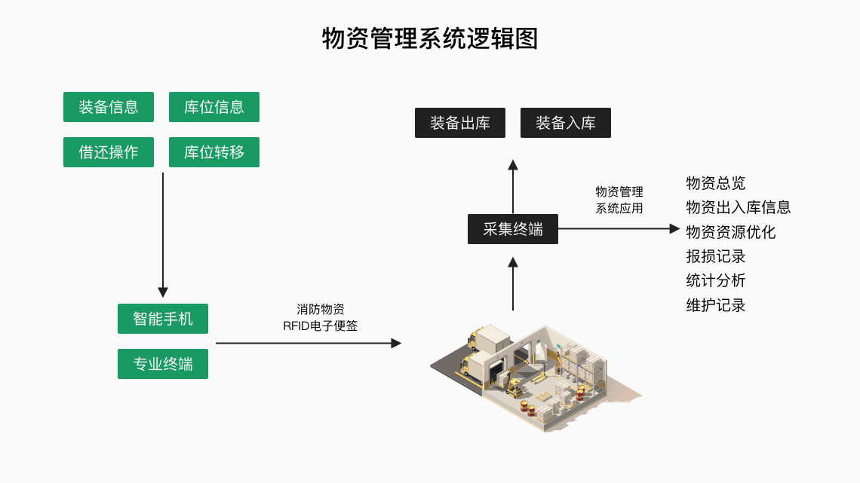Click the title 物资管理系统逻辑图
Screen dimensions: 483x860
(430, 38)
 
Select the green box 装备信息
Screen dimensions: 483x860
(109, 107)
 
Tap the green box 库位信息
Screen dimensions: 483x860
(214, 107)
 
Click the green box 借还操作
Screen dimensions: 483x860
(109, 152)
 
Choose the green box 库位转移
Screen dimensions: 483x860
(214, 152)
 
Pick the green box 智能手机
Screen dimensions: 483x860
(163, 319)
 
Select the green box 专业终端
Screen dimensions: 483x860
(163, 364)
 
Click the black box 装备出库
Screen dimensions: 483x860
(460, 123)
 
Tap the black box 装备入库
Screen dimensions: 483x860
(566, 123)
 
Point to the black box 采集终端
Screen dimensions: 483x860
(513, 229)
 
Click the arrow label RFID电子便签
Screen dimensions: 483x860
(321, 326)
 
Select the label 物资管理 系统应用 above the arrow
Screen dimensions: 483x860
(619, 200)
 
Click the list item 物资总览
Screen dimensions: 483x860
(716, 183)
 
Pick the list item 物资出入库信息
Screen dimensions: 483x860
(739, 207)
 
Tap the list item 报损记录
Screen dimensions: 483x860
(716, 256)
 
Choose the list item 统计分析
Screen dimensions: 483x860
(716, 280)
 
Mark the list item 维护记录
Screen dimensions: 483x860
(716, 305)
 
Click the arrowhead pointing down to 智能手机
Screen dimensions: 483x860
(163, 292)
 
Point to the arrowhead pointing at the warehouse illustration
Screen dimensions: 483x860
(396, 343)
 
